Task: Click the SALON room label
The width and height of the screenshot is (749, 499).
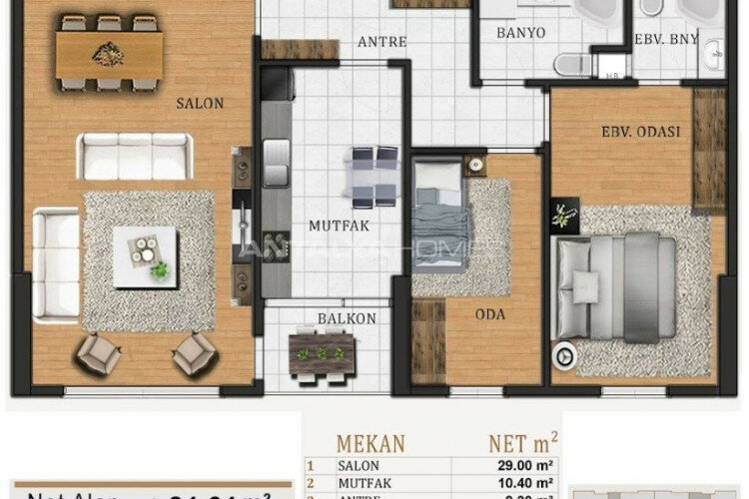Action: point(199,103)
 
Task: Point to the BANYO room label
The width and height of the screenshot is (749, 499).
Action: point(521,33)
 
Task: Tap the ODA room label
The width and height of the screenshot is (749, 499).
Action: point(490,315)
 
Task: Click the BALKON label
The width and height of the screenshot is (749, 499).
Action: point(321,319)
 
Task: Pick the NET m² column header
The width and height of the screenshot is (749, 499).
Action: point(520,440)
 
